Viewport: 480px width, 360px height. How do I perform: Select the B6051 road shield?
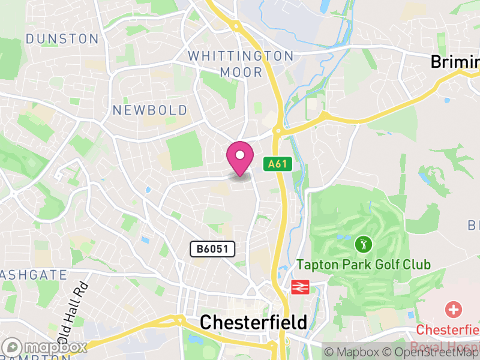coord(212,249)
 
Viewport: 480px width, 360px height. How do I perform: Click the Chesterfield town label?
coord(253,322)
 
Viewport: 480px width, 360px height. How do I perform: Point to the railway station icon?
coord(299,287)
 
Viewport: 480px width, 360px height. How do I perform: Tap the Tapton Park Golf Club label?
coord(364,265)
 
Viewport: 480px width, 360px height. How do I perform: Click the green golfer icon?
coord(363,244)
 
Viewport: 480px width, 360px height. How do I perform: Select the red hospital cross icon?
coord(454,310)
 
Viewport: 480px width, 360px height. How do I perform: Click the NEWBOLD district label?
coord(150,110)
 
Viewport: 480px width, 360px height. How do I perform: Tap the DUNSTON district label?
coord(62,39)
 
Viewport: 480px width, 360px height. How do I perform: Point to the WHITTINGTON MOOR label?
coord(241,64)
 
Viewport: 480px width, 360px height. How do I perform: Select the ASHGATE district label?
coord(33,275)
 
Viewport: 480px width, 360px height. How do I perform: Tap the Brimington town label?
coord(455,62)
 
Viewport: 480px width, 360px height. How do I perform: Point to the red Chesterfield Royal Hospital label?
coord(448,336)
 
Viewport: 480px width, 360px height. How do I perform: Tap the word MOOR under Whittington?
coord(241,72)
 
